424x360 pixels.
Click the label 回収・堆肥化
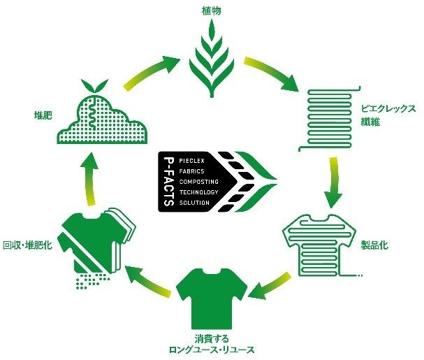click(x=27, y=245)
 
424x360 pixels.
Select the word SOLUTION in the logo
click(x=195, y=202)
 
